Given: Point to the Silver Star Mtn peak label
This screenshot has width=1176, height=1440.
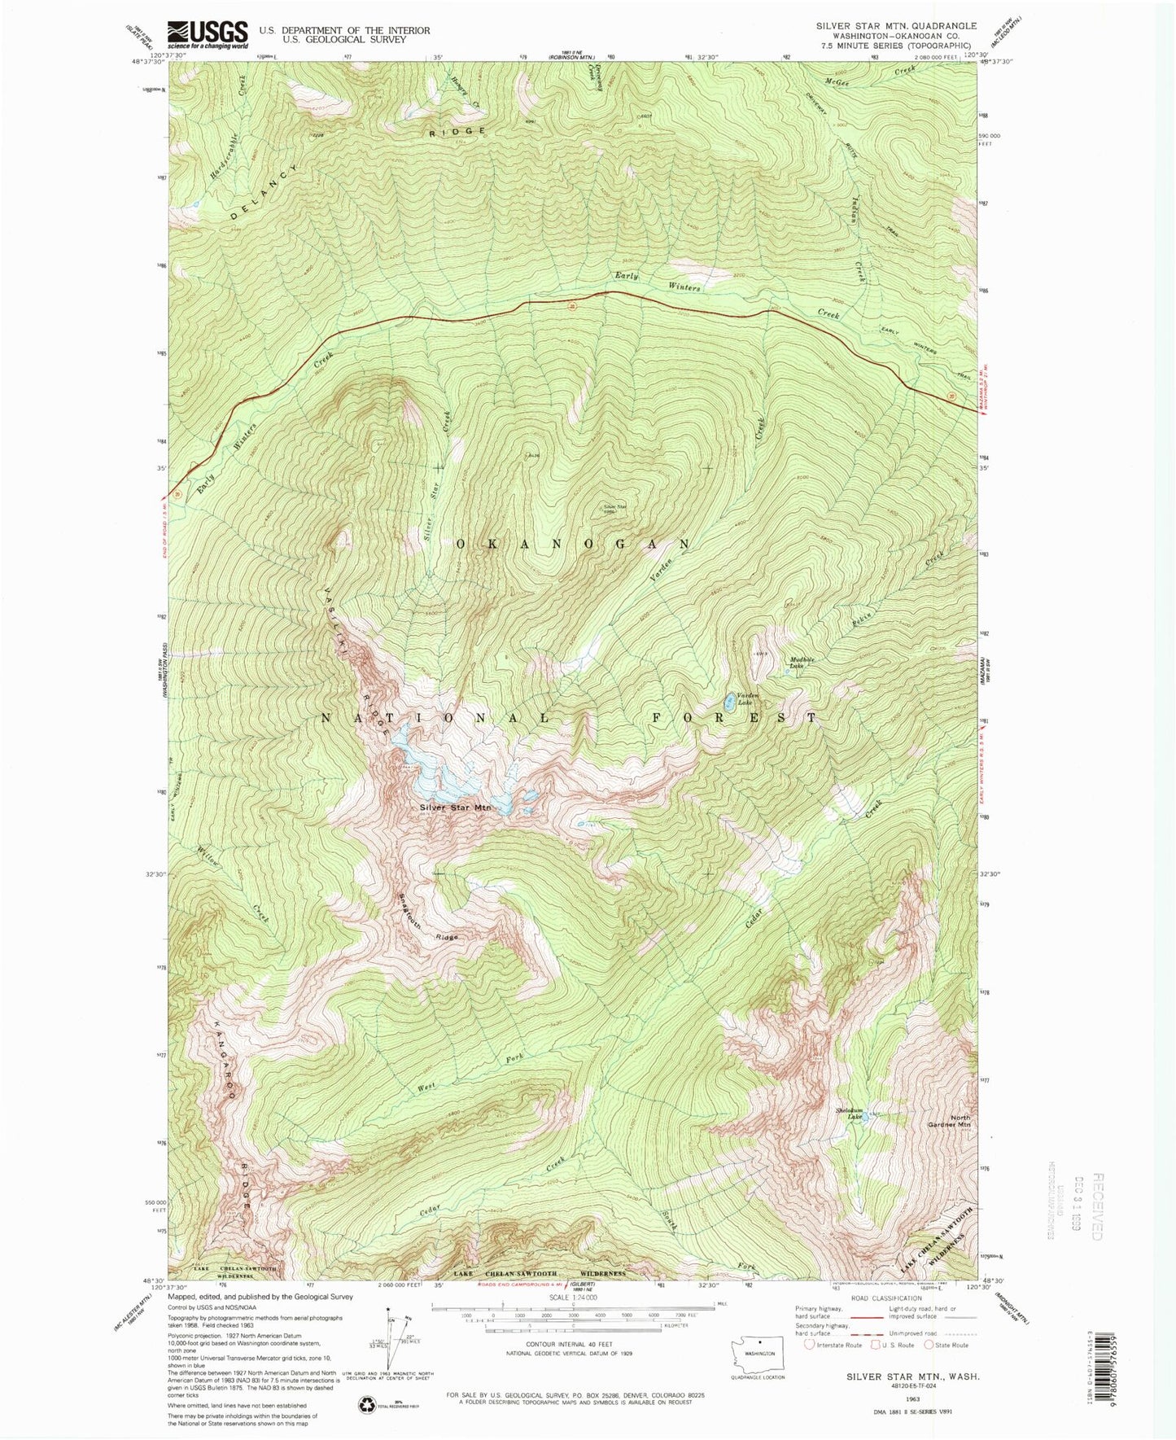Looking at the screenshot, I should pyautogui.click(x=456, y=808).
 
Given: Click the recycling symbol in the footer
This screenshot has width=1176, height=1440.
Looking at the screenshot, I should pyautogui.click(x=365, y=1403).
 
